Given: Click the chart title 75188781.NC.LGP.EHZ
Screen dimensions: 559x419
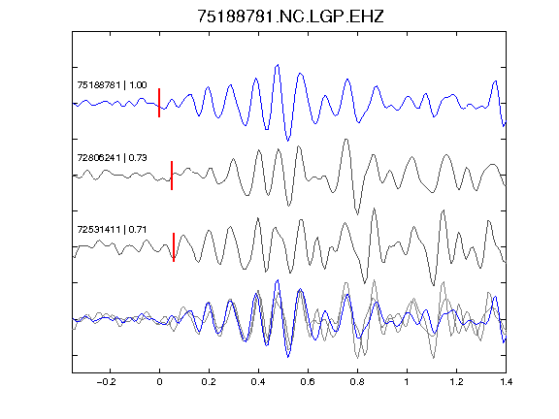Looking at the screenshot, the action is tap(290, 16).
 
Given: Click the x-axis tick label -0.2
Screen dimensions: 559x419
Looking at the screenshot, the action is tap(107, 382).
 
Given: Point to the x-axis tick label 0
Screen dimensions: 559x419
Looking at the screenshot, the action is tap(159, 382).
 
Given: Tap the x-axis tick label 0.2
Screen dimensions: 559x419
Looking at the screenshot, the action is tap(209, 382).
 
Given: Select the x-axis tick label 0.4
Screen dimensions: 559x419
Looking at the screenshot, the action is tap(258, 382).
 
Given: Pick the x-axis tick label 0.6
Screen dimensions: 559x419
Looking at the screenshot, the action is tap(308, 382).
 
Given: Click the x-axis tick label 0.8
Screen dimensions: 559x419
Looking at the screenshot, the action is tap(357, 382).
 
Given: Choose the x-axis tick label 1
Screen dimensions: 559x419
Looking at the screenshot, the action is tap(407, 382).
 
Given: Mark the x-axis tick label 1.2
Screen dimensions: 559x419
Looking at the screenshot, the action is tap(456, 382).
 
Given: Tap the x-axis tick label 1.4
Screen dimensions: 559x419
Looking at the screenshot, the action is tap(506, 382).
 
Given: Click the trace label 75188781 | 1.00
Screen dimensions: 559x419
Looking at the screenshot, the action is tap(112, 85).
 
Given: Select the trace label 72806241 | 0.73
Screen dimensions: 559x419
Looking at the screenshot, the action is tap(112, 157).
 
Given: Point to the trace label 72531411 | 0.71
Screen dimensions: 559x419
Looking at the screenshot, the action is tap(112, 230).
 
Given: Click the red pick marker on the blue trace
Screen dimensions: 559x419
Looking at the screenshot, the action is tap(159, 103).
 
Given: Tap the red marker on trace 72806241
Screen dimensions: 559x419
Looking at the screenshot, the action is tap(172, 176).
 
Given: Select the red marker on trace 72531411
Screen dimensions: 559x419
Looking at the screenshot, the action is tap(174, 247).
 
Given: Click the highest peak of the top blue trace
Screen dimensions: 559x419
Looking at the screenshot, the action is tap(278, 65).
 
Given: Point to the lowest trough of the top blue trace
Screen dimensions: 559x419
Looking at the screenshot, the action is tap(288, 141).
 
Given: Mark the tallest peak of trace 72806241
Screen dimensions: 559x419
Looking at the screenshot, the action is tap(345, 140).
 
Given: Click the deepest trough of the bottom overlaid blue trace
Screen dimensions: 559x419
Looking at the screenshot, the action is tap(288, 356).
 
